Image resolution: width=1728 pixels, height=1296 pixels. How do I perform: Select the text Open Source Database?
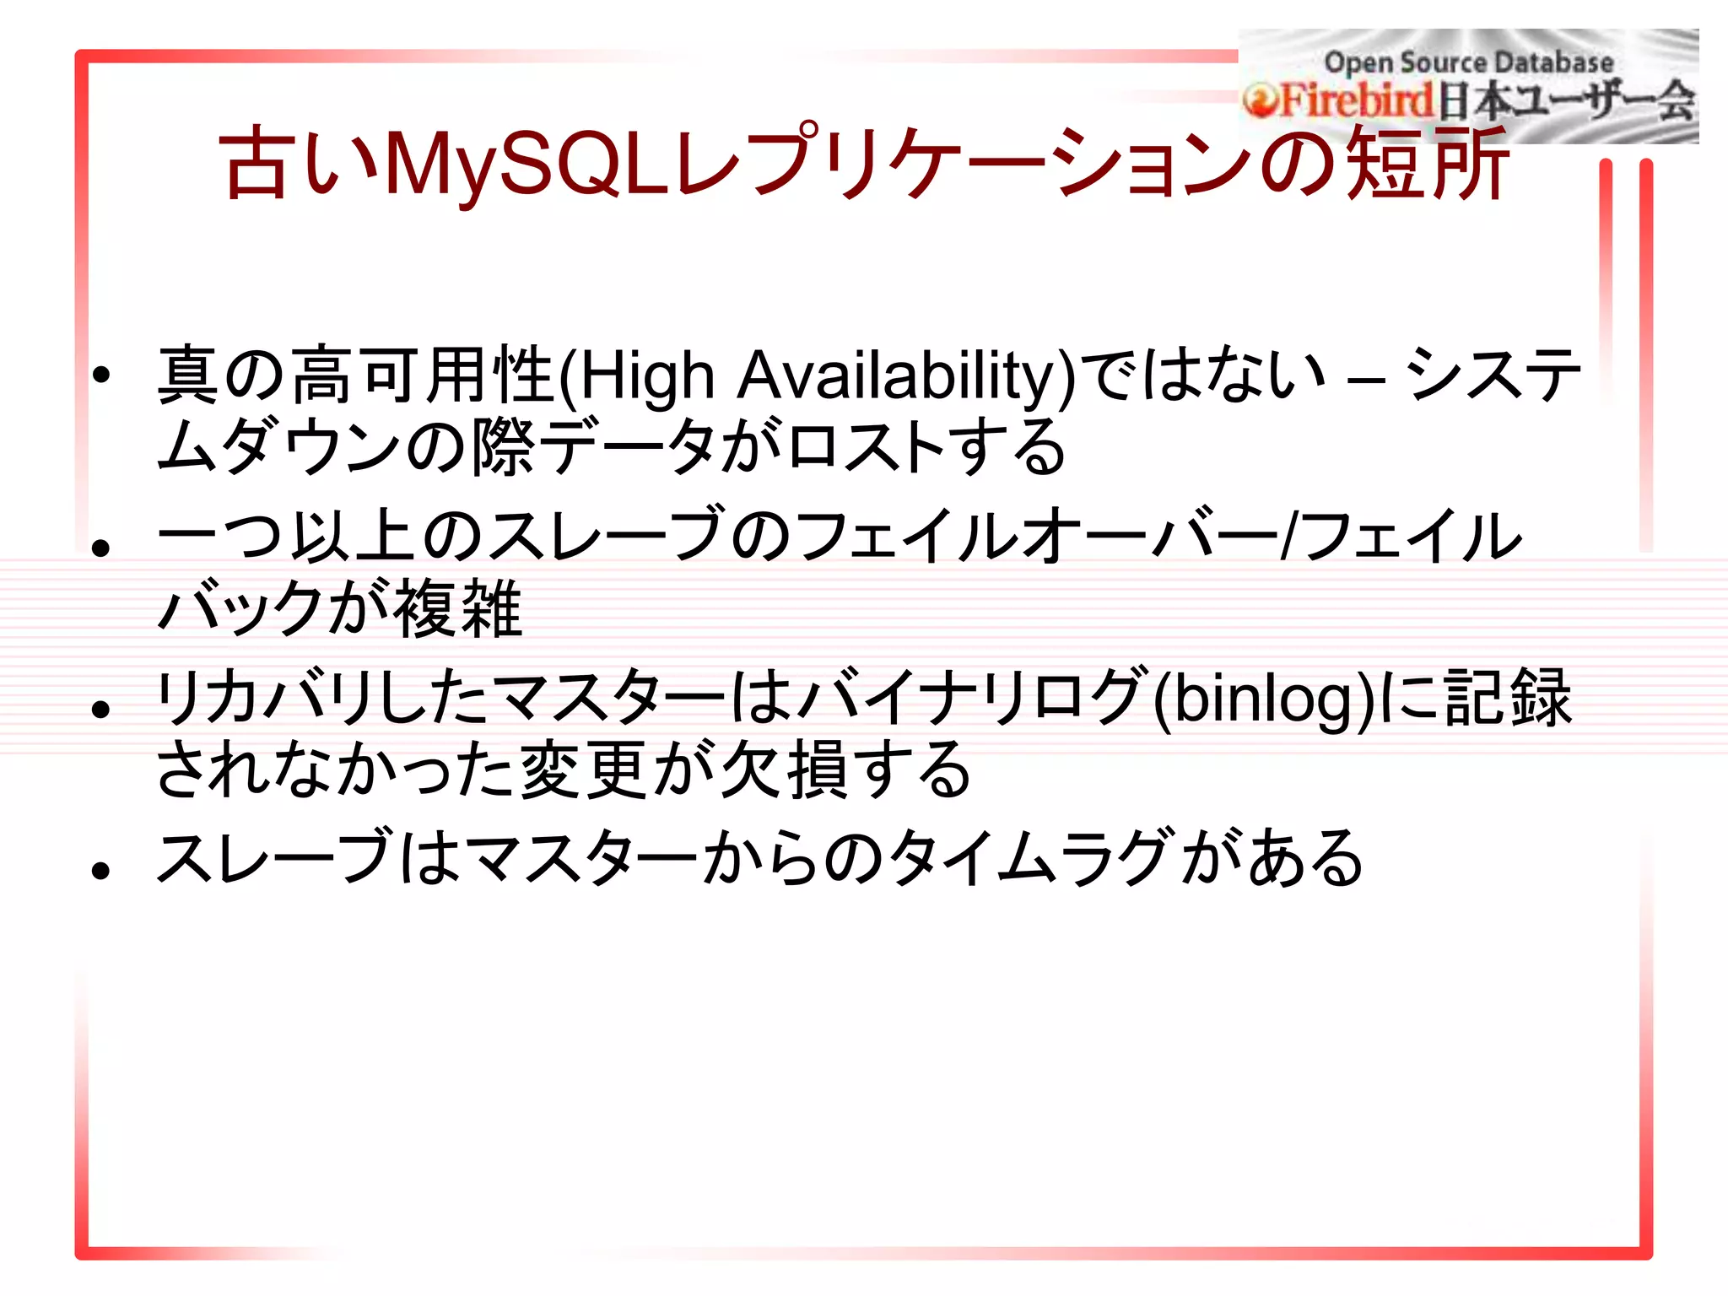(x=1468, y=62)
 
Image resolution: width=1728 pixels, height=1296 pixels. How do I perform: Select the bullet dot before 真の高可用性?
(x=102, y=375)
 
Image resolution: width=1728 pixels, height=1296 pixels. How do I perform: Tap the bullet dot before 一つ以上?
(x=102, y=548)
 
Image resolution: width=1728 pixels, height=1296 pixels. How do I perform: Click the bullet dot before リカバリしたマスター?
(x=102, y=709)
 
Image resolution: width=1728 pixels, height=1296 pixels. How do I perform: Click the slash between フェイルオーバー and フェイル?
(x=1288, y=537)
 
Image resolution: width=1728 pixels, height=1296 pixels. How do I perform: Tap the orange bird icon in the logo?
(x=1261, y=102)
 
